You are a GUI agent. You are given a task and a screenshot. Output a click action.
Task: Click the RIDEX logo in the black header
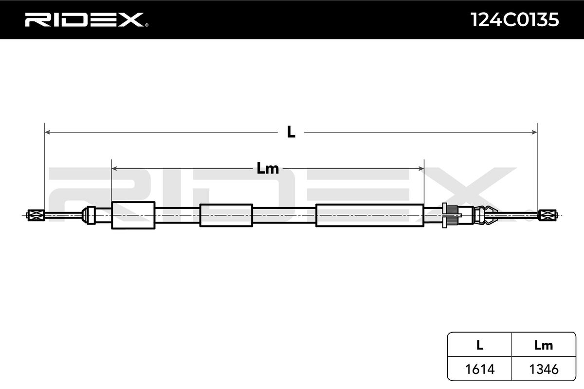pyautogui.click(x=87, y=20)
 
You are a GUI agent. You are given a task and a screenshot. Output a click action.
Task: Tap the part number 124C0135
pyautogui.click(x=514, y=20)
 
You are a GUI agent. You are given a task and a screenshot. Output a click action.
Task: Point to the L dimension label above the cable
pyautogui.click(x=291, y=132)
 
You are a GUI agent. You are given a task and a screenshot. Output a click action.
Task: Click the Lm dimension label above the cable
pyautogui.click(x=268, y=168)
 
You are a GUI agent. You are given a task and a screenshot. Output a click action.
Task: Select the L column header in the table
pyautogui.click(x=480, y=346)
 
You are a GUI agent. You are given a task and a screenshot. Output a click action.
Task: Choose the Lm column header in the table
pyautogui.click(x=544, y=346)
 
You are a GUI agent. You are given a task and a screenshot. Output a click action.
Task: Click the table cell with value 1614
pyautogui.click(x=480, y=369)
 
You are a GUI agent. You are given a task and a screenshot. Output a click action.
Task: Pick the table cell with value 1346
pyautogui.click(x=544, y=369)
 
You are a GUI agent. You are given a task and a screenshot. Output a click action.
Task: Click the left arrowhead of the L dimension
pyautogui.click(x=48, y=132)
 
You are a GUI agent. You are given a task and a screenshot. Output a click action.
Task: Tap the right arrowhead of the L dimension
pyautogui.click(x=534, y=132)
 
